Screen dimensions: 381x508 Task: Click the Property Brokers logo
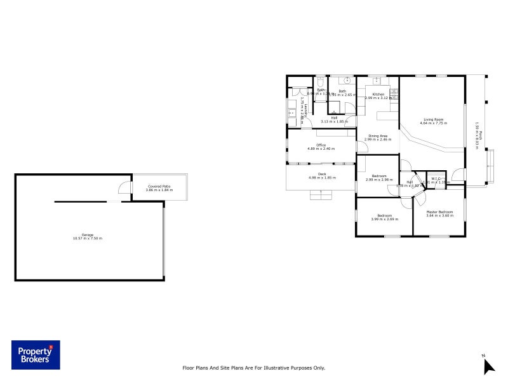(x=36, y=356)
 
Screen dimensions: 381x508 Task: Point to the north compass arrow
(x=488, y=366)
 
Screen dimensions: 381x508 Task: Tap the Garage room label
(x=88, y=234)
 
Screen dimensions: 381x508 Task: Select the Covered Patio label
(x=159, y=186)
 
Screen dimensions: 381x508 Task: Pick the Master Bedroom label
(x=439, y=211)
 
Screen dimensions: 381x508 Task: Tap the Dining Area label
(x=378, y=135)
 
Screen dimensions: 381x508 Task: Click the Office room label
(x=321, y=145)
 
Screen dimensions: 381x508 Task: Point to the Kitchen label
(x=378, y=94)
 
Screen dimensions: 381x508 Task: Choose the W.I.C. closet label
(x=436, y=178)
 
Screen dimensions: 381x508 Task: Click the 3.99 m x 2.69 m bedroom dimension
(x=385, y=219)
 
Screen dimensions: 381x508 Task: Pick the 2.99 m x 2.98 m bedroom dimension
(x=379, y=180)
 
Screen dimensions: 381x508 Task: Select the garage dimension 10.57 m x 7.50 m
(x=88, y=238)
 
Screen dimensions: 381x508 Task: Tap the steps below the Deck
(x=321, y=194)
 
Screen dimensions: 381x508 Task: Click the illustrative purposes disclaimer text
(x=253, y=368)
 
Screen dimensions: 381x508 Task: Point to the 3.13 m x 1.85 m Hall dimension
(x=334, y=121)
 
